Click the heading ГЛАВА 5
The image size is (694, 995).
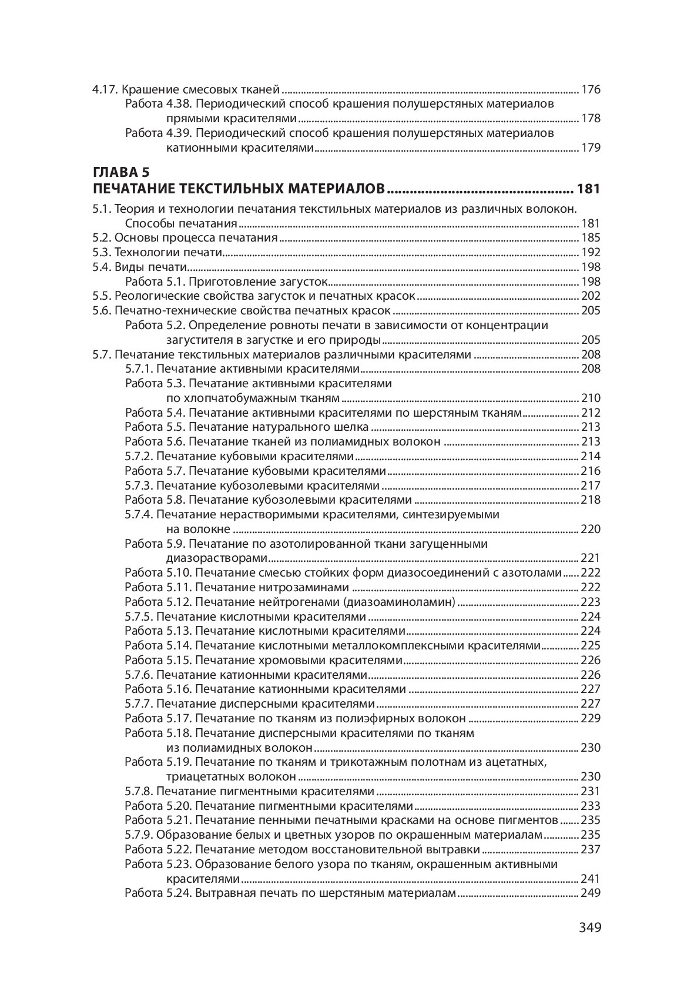(x=121, y=173)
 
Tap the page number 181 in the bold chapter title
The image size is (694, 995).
(x=588, y=189)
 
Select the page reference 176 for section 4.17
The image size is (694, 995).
(x=591, y=91)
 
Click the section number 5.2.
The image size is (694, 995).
(x=102, y=238)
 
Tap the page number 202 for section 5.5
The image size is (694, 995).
(x=591, y=296)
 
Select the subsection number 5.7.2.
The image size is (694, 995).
(x=139, y=457)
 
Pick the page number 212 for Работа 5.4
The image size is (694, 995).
(x=591, y=413)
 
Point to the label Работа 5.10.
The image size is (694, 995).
(x=156, y=573)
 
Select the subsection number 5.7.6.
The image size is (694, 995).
(x=139, y=675)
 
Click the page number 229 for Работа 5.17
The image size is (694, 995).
(x=591, y=719)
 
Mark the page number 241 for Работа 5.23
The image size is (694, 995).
(x=591, y=879)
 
